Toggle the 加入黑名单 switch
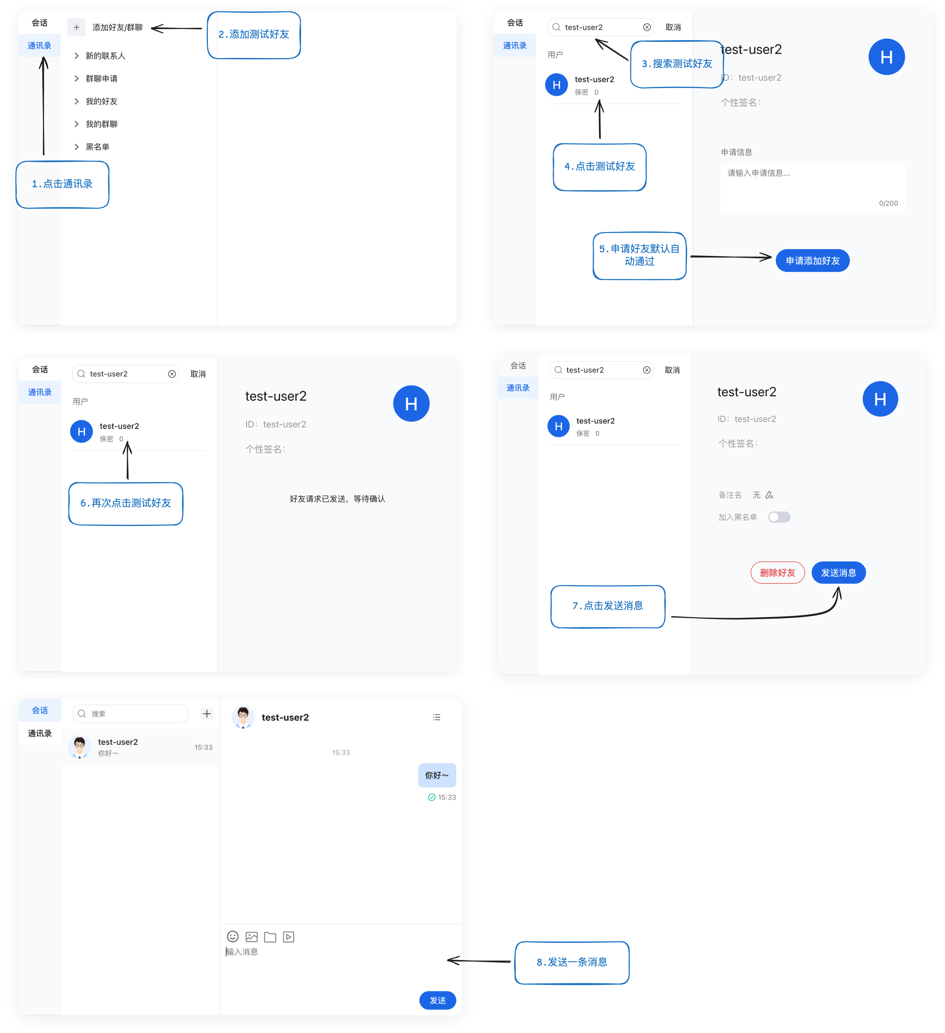click(x=779, y=517)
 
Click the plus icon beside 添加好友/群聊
click(x=76, y=27)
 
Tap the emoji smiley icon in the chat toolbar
click(x=233, y=937)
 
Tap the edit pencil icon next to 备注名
click(x=769, y=495)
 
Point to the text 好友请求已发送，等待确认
click(x=337, y=499)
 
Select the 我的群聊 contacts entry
click(x=101, y=124)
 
